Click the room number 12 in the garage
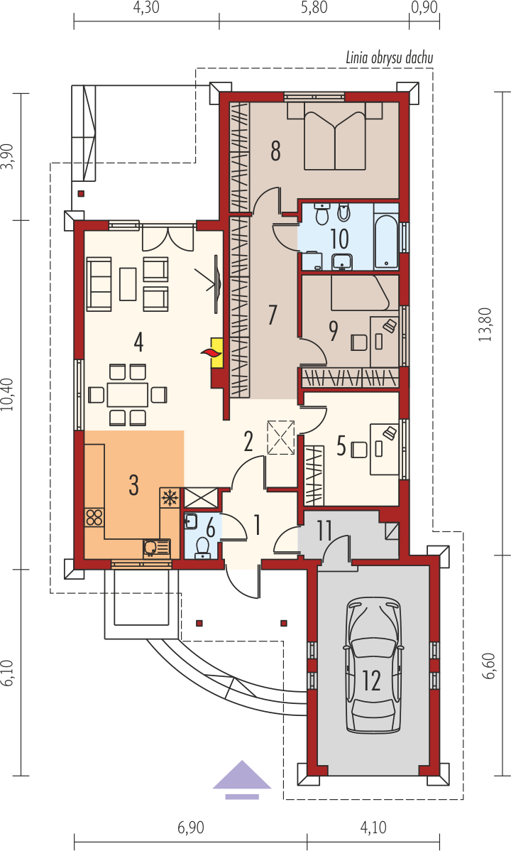pos(372,680)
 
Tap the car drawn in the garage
pos(375,665)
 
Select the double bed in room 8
pos(335,136)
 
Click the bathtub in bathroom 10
pos(386,238)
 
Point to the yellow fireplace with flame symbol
pos(216,353)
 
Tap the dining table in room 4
pos(128,394)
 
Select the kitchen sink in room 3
pos(156,548)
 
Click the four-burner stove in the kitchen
pos(94,516)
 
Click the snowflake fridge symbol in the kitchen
pos(170,498)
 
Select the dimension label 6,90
pos(190,828)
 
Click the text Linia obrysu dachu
pos(390,58)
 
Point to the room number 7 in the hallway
pos(273,315)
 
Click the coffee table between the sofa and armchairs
pos(128,284)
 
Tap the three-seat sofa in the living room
pos(99,284)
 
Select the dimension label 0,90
pos(424,8)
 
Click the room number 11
pos(324,531)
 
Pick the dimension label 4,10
pos(373,828)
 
